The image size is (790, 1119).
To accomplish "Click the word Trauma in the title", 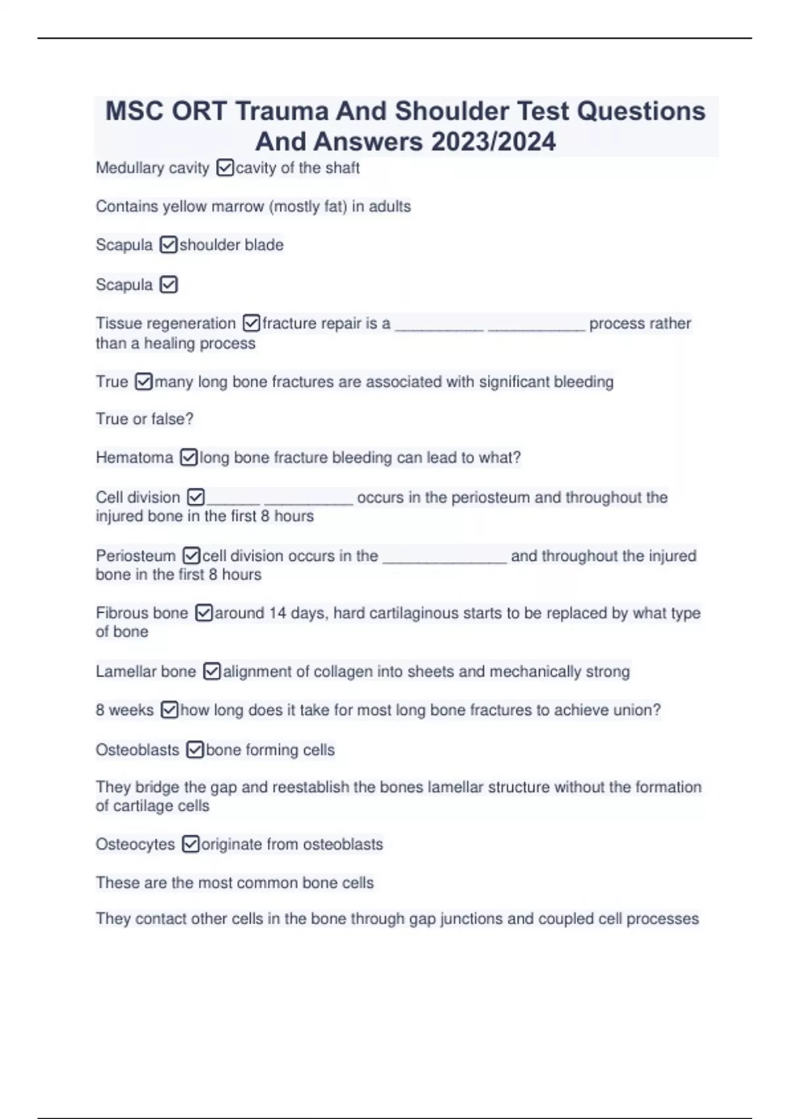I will coord(282,111).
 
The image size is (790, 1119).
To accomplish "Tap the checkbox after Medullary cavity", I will coord(224,169).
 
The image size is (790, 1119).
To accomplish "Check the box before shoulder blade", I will coord(169,246).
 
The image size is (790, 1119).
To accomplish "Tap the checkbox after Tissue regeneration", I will coord(251,323).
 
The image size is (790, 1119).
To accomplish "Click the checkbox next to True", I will coord(144,382).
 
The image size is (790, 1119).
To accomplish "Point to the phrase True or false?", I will coord(145,419).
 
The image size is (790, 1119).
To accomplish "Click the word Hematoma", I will coord(134,457).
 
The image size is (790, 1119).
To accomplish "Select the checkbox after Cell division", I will coord(196,497).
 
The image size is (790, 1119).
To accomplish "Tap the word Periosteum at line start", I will coord(136,556).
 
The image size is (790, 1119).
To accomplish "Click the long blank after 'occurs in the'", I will coord(444,557).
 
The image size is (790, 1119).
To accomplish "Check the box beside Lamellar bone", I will coord(211,671).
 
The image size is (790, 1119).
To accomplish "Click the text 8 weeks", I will coord(124,710).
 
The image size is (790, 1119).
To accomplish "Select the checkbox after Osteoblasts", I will coord(194,750).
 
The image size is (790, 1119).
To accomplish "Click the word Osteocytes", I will coord(135,845).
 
